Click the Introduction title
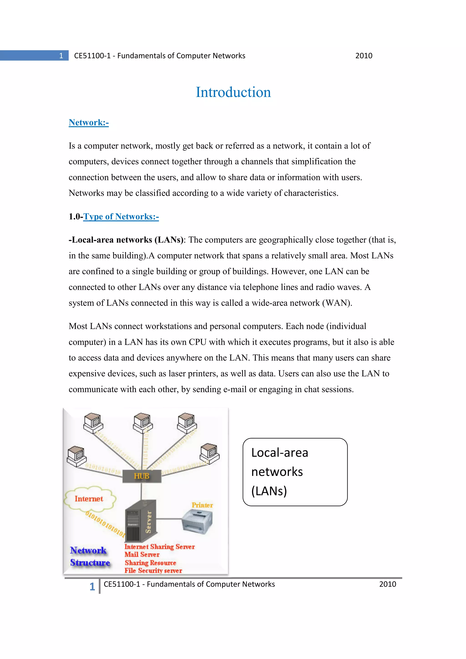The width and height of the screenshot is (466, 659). click(x=233, y=92)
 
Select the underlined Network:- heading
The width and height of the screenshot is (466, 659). click(x=89, y=123)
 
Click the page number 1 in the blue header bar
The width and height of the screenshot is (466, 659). click(x=61, y=56)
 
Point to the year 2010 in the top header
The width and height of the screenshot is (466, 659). click(x=364, y=56)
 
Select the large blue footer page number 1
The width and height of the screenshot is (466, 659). click(x=92, y=587)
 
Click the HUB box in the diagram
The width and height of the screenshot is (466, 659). click(x=142, y=476)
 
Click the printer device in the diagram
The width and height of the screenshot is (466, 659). click(x=198, y=521)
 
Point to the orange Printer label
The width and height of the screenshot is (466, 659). click(x=202, y=505)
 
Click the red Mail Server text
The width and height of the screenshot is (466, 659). click(x=142, y=555)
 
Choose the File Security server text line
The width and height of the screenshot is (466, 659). click(x=153, y=571)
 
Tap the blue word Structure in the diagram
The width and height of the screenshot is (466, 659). click(x=90, y=563)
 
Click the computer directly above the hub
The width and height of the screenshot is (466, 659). click(x=143, y=423)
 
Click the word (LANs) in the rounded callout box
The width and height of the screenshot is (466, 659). click(x=269, y=491)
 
